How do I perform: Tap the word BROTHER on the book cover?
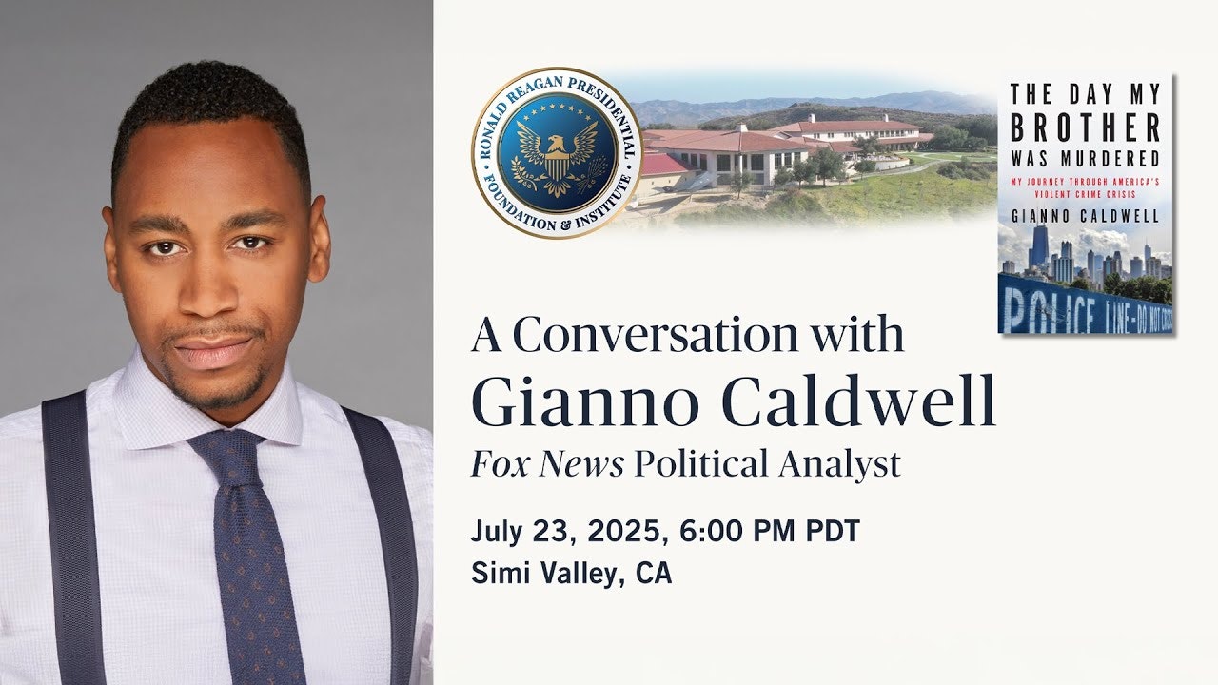click(1086, 128)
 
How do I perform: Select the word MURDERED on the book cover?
click(1110, 159)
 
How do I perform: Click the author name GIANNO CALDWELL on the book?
click(1086, 216)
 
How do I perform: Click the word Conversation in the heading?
click(655, 334)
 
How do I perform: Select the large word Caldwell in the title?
click(859, 401)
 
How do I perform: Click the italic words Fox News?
click(547, 463)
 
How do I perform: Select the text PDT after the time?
click(833, 531)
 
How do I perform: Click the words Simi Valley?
click(544, 574)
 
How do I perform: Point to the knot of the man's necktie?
click(227, 452)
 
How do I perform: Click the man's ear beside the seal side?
click(320, 239)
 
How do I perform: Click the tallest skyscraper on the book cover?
click(1040, 247)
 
